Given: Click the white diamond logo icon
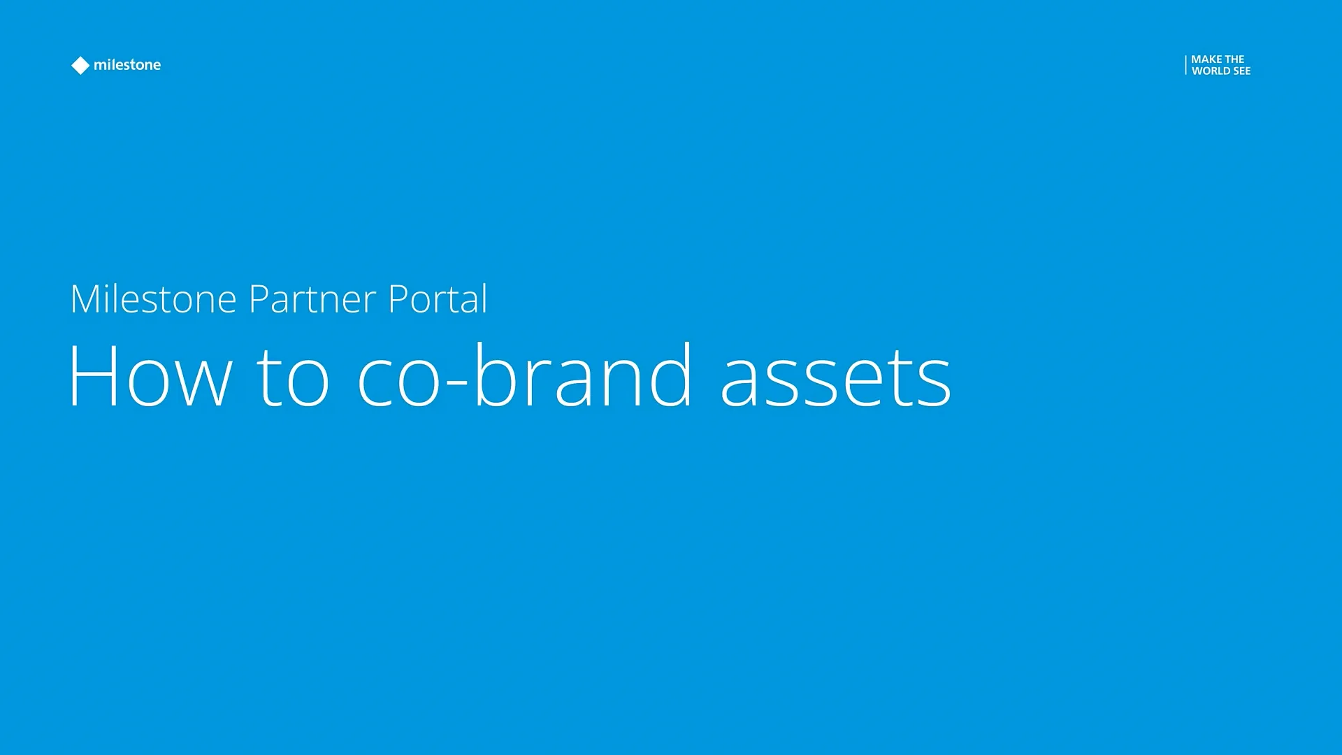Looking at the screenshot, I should tap(80, 65).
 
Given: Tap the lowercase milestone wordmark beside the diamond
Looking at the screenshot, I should tap(127, 65).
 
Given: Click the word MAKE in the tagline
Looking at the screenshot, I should tap(1206, 59).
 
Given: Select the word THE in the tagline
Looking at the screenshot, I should tap(1234, 59).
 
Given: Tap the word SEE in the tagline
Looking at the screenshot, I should tap(1242, 71).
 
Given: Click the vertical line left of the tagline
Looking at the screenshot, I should tap(1185, 65).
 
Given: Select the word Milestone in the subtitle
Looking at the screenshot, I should tap(153, 299).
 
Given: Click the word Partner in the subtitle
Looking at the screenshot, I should tap(312, 299).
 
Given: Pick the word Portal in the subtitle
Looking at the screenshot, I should tap(438, 299).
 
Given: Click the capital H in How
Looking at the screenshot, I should tap(93, 375).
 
